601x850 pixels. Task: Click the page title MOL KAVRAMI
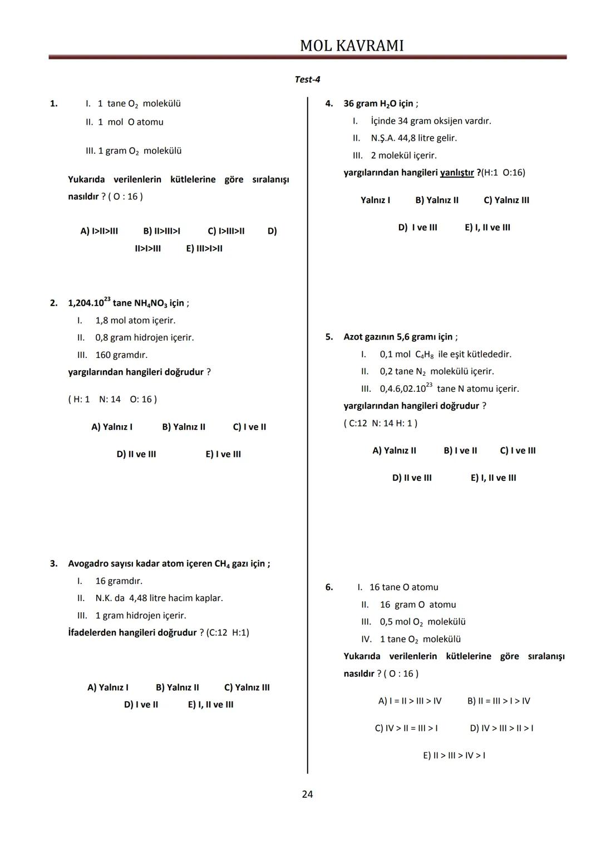[x=352, y=46]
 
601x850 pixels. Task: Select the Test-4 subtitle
[x=307, y=80]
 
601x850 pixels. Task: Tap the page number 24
[x=307, y=794]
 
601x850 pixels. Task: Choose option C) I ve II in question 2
[x=249, y=427]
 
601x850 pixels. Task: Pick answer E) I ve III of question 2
[x=223, y=454]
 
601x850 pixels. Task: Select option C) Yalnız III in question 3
[x=247, y=687]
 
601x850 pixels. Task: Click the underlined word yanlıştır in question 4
[x=457, y=173]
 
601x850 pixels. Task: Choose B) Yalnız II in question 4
[x=437, y=200]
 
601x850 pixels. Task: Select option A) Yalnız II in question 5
[x=394, y=450]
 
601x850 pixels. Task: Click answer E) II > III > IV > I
[x=454, y=755]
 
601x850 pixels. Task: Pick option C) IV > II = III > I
[x=406, y=728]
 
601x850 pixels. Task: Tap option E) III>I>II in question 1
[x=204, y=248]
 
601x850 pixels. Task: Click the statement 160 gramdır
[x=121, y=355]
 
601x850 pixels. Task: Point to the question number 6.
[x=329, y=587]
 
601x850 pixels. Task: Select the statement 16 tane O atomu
[x=403, y=587]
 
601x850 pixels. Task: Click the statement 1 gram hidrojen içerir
[x=141, y=616]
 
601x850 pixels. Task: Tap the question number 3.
[x=54, y=564]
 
